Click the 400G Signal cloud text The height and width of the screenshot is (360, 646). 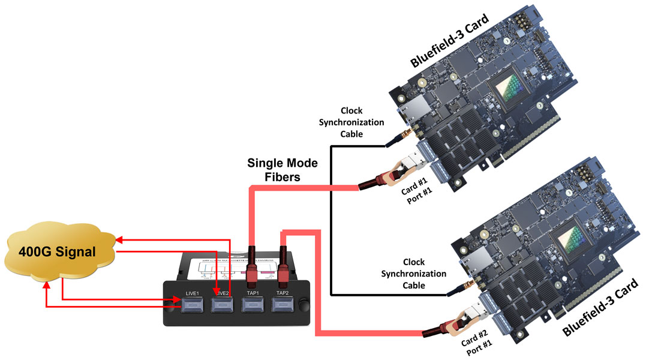point(57,252)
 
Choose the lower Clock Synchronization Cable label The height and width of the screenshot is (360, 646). point(423,274)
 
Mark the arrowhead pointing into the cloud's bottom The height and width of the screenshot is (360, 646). point(48,286)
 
